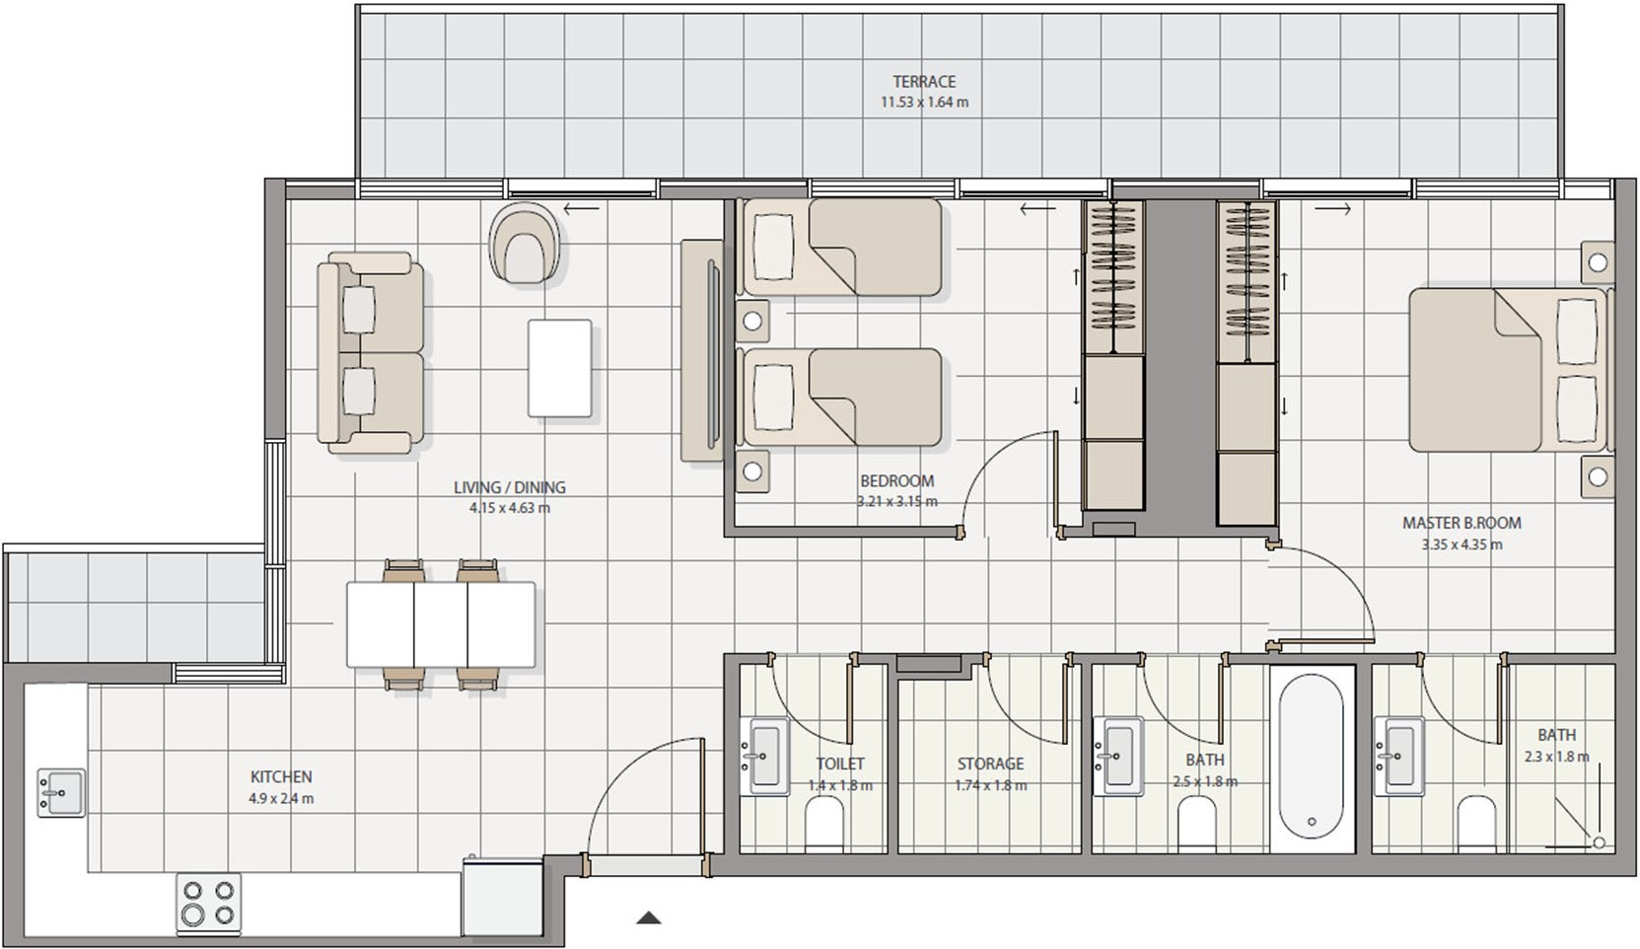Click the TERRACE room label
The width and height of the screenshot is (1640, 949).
point(924,81)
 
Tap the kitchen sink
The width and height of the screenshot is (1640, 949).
point(61,793)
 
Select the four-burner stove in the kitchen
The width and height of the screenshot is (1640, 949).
point(209,903)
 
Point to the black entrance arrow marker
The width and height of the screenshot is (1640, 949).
point(649,917)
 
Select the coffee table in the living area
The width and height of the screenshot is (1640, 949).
point(560,368)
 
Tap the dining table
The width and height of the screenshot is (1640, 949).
point(441,624)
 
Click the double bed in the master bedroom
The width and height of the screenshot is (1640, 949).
point(1510,370)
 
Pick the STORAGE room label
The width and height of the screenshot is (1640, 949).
point(990,764)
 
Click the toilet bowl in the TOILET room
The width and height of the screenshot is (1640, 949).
point(824,825)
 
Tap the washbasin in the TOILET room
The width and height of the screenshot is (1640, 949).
point(765,757)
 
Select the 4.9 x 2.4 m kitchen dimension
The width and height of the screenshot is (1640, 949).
point(281,799)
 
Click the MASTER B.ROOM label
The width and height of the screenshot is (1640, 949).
point(1462,523)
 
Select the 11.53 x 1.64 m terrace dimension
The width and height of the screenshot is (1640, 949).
point(924,103)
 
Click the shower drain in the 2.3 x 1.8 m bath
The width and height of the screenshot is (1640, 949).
point(1599,842)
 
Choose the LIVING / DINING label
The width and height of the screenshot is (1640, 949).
point(510,487)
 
